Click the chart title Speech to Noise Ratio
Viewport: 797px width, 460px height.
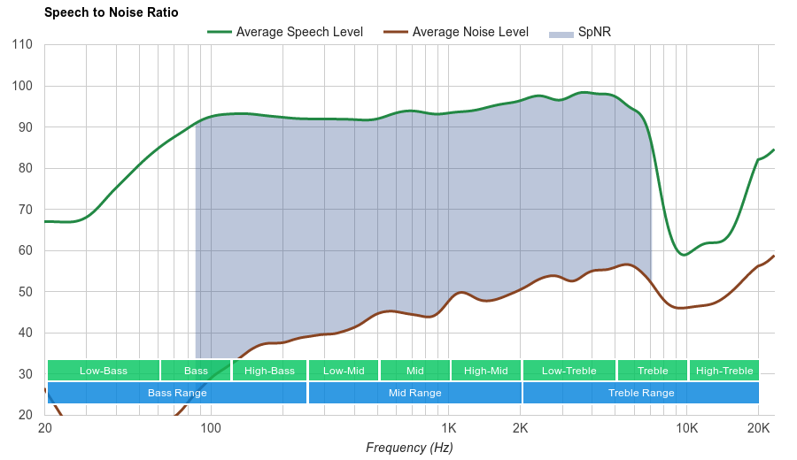[x=111, y=12]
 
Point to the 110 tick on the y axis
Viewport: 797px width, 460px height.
[x=23, y=45]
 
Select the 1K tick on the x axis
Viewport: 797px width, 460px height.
[x=448, y=429]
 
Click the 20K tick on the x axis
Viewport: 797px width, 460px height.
[x=758, y=429]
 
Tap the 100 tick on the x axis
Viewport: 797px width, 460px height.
[x=211, y=429]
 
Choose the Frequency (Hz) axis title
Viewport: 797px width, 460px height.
[x=409, y=448]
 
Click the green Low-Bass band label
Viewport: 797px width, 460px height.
[x=103, y=371]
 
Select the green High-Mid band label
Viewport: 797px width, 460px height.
[x=485, y=371]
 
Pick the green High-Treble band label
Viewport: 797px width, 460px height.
[x=723, y=371]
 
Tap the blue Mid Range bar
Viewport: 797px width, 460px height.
[x=414, y=393]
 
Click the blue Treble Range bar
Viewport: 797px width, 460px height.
[x=640, y=393]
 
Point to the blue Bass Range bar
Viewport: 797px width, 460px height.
[x=176, y=393]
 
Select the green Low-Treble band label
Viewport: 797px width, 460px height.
[x=569, y=371]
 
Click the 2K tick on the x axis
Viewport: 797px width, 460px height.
[x=521, y=429]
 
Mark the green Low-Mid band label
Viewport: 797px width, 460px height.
[x=343, y=371]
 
